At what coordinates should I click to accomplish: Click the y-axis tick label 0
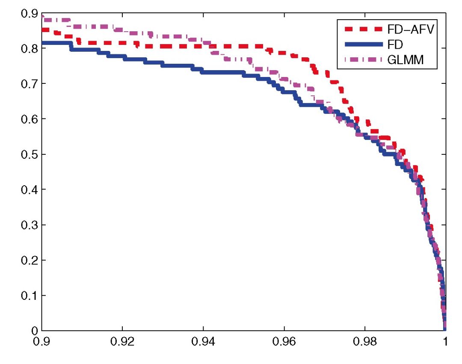click(34, 331)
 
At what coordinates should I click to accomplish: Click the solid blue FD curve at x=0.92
click(122, 57)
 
